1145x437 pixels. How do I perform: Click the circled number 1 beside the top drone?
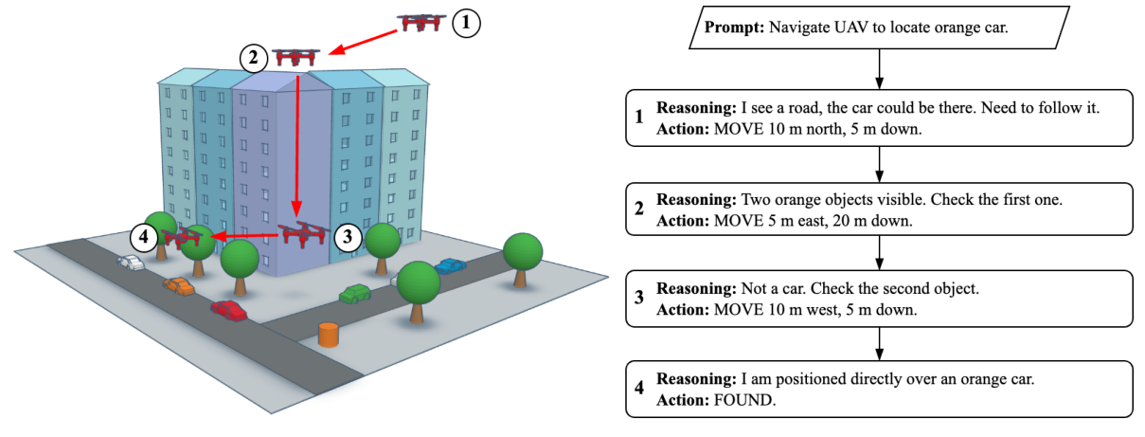466,24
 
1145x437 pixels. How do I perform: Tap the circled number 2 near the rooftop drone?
253,58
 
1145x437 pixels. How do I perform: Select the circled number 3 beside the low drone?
348,236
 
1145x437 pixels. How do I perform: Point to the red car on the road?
228,309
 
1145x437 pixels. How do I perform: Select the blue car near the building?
451,266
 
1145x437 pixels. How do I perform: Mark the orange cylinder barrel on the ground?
329,335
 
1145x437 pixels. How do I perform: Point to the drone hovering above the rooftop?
295,58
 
